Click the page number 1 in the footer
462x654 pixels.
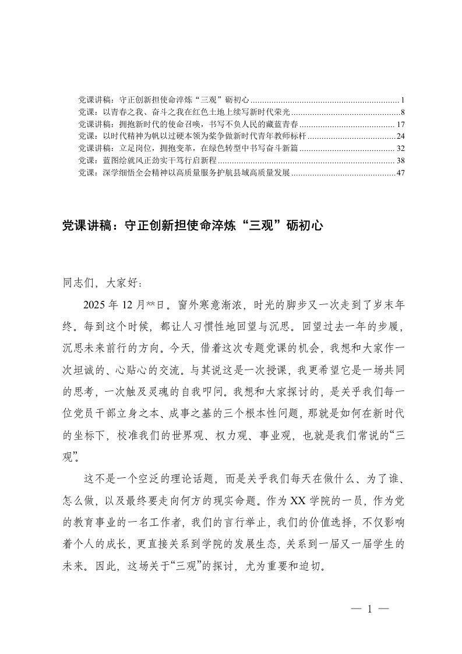[x=369, y=610]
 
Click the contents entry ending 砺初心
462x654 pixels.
[x=164, y=99]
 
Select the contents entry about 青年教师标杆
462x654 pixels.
[x=192, y=136]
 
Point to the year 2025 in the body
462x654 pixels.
[x=95, y=305]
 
